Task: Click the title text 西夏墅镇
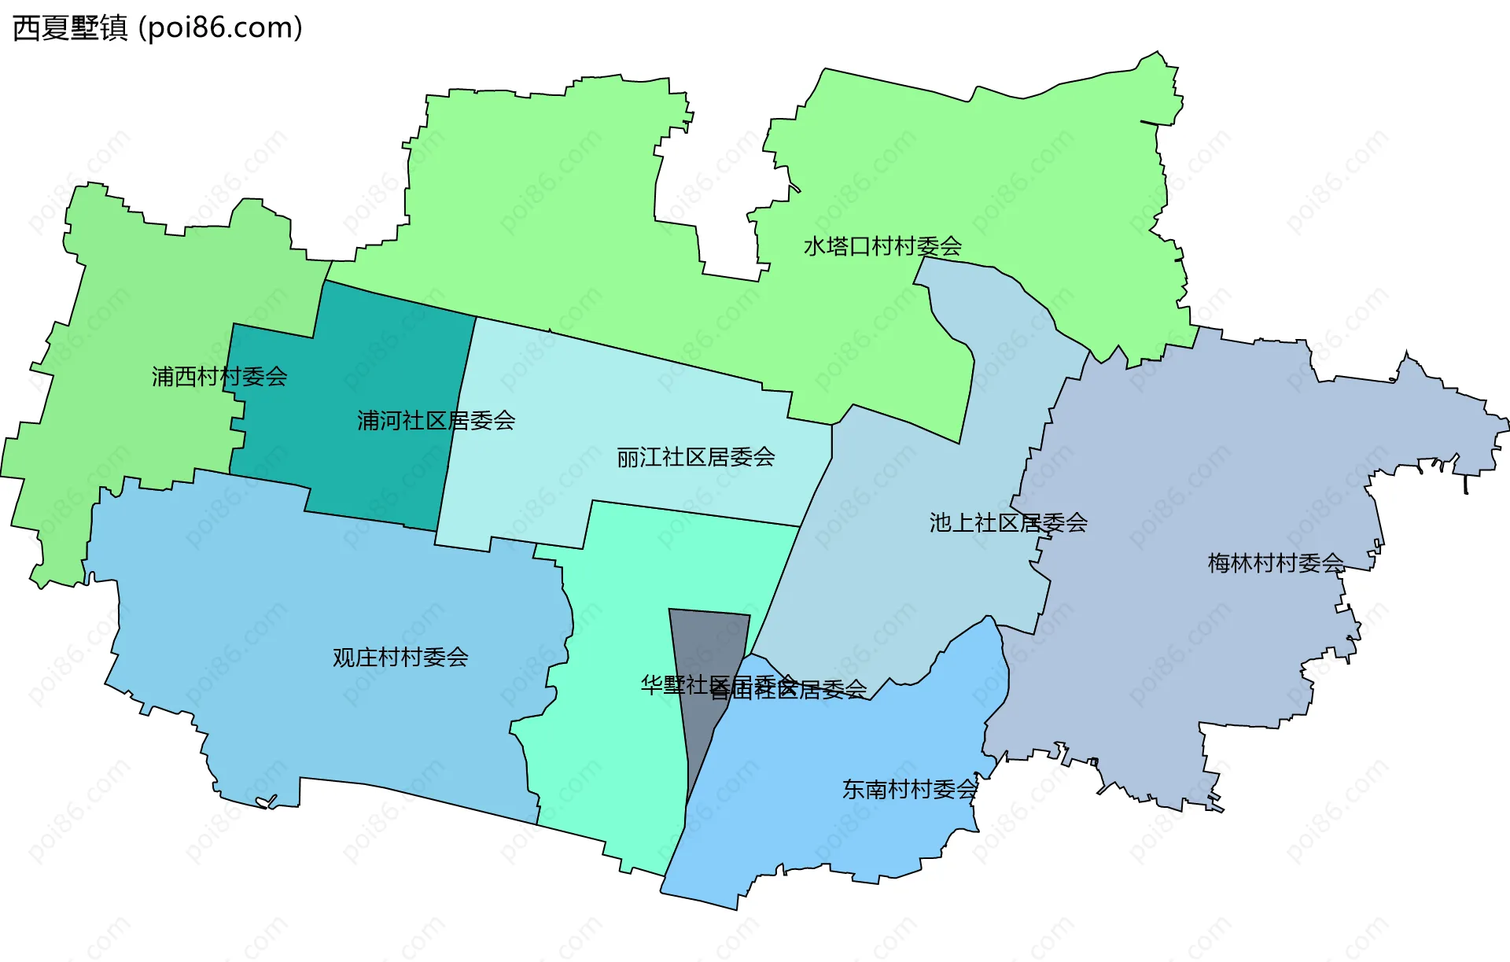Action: [x=70, y=28]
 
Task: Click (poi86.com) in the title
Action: [x=220, y=28]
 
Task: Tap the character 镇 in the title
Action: [x=114, y=28]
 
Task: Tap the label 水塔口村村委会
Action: [x=882, y=246]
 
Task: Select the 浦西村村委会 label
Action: [x=219, y=377]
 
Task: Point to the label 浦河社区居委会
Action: [x=436, y=421]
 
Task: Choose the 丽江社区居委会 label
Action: [x=695, y=457]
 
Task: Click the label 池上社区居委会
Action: [x=1008, y=522]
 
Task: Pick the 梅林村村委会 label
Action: [x=1276, y=563]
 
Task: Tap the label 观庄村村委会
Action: [x=400, y=657]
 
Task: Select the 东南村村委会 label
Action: [x=910, y=789]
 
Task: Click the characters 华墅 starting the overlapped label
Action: [x=663, y=685]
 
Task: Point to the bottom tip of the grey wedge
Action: [x=688, y=802]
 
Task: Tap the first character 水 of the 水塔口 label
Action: [x=814, y=246]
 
